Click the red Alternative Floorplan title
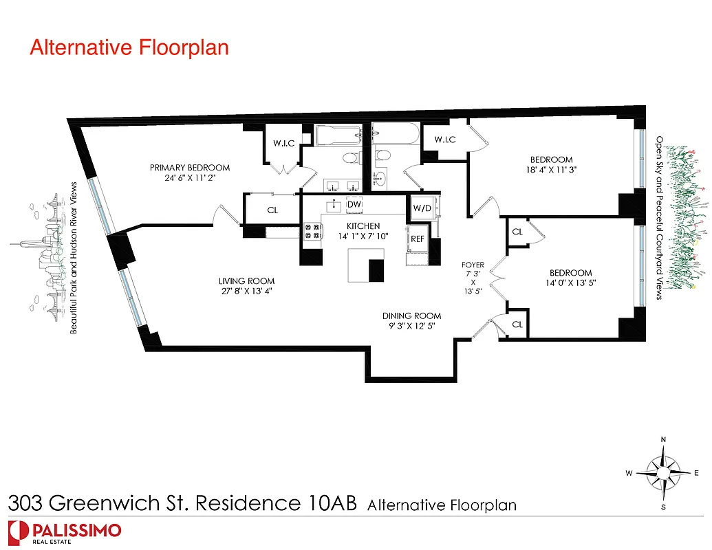[129, 48]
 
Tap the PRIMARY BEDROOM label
[191, 168]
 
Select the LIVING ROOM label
[246, 281]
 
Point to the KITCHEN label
[363, 226]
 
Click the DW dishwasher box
[354, 205]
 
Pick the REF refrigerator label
[418, 239]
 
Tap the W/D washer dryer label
[422, 208]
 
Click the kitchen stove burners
[312, 232]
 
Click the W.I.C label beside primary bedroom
[283, 144]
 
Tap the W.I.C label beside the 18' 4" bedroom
[445, 140]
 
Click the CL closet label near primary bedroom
[272, 210]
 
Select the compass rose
[663, 473]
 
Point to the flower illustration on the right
[685, 217]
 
